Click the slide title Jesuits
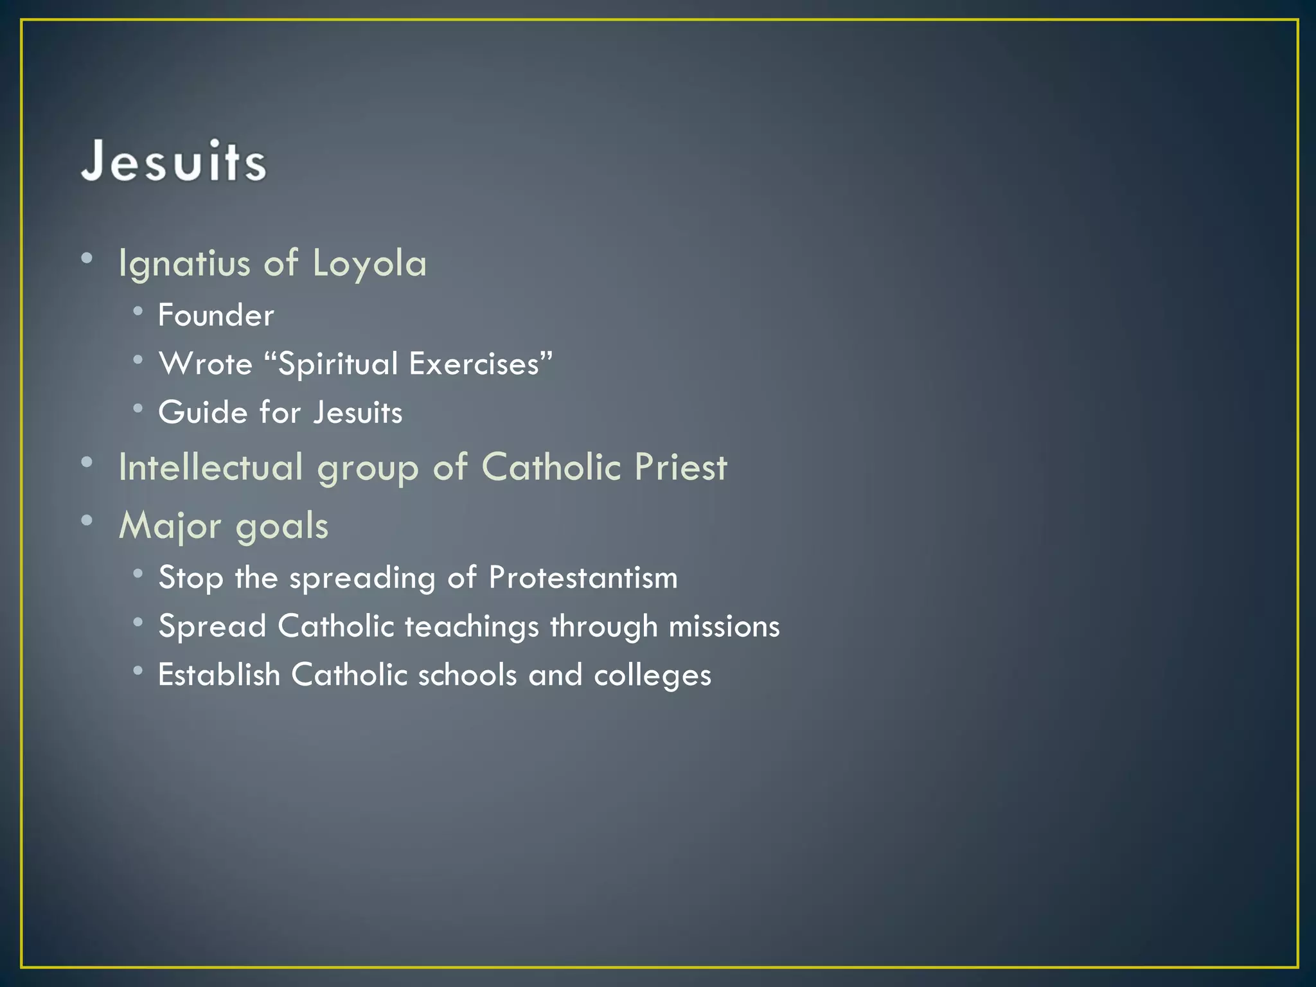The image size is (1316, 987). [x=173, y=161]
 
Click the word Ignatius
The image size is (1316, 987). [x=184, y=264]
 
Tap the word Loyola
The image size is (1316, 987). [x=369, y=264]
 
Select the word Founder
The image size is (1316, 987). [x=216, y=316]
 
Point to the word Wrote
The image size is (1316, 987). [x=206, y=364]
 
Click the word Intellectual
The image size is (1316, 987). [x=211, y=467]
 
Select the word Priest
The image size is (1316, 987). [x=680, y=467]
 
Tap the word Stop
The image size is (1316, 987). [x=191, y=578]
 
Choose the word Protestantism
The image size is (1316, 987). [x=583, y=577]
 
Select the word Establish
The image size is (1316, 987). [x=219, y=675]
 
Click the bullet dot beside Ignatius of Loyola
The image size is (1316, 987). [x=87, y=258]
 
